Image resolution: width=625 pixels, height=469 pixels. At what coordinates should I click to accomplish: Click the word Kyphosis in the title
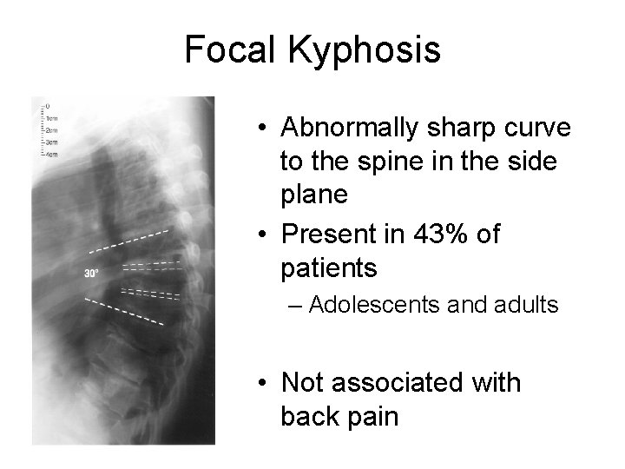click(364, 51)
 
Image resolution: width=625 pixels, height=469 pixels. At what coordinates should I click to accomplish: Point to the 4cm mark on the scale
click(51, 155)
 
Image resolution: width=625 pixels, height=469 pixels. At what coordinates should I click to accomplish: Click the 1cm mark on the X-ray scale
click(51, 117)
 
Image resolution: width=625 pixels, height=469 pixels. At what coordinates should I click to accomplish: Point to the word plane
click(313, 195)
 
